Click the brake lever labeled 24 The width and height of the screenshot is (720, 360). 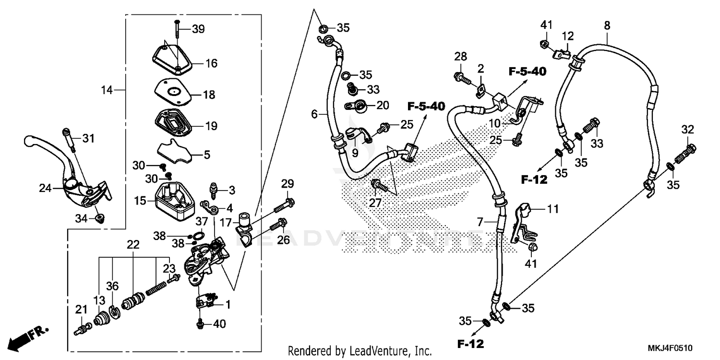click(72, 173)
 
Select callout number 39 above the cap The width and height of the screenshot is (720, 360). click(198, 29)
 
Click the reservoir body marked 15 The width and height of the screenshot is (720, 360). click(173, 197)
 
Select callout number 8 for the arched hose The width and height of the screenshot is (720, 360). click(607, 25)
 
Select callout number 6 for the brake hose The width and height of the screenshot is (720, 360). click(314, 114)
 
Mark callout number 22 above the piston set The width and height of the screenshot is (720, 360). click(133, 244)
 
